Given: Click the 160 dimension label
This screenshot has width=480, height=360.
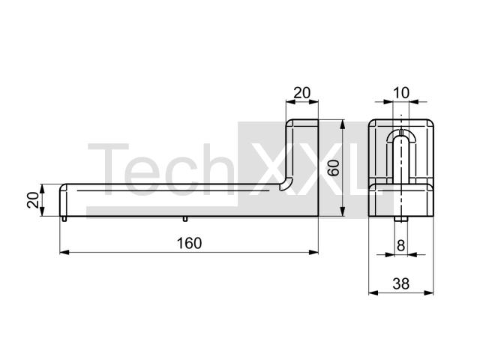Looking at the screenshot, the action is pos(189,243).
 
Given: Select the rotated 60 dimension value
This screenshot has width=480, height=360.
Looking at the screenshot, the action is pos(334,168).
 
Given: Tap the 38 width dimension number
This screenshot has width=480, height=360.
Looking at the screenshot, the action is pos(401,284).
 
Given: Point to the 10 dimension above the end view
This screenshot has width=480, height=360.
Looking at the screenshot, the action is pos(400,93).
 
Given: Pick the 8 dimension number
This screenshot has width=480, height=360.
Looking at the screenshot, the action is pos(400,245).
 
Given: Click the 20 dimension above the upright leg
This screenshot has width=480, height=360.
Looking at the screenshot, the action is pos(301,93).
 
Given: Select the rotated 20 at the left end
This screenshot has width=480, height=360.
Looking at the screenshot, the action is pos(33,200).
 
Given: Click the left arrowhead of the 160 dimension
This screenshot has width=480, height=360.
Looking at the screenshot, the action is pos(64,252).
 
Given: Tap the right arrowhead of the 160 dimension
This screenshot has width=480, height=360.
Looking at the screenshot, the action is pos(313,252).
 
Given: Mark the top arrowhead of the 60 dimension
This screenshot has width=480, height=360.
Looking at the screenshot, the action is pos(343,124).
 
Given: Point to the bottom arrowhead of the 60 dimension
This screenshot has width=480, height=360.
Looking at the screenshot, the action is pos(343,211).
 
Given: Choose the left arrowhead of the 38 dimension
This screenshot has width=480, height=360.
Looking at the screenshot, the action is pos(373,293).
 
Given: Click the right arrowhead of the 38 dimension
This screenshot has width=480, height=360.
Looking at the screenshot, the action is pos(429,293).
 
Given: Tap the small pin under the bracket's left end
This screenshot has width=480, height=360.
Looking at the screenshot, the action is pos(64,218).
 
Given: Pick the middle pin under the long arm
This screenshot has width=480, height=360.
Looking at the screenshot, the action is pos(185,218).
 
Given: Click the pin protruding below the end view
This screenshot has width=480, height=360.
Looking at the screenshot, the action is pos(400,219).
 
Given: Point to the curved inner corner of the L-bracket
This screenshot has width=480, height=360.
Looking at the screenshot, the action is pos(288,184).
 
